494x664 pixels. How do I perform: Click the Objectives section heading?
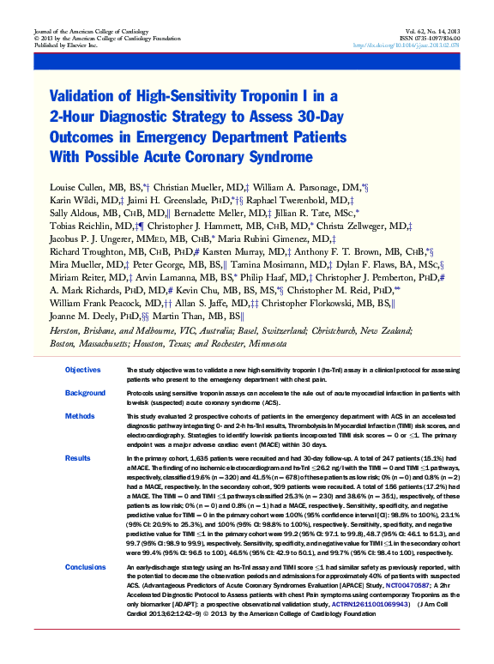tap(82, 370)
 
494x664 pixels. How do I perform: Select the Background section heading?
tap(84, 393)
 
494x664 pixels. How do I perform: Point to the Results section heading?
tap(77, 459)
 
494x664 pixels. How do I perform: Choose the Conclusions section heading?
tap(86, 568)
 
